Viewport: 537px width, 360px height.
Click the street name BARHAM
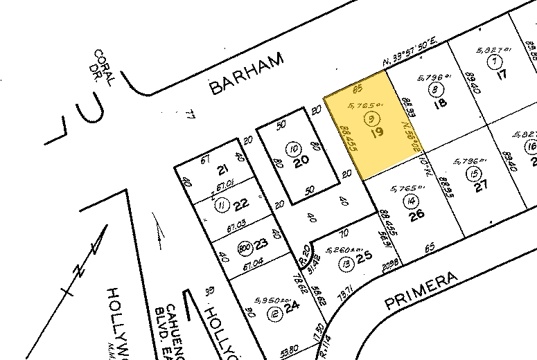click(x=247, y=74)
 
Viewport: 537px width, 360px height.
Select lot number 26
click(x=416, y=215)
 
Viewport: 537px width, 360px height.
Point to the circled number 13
click(x=344, y=261)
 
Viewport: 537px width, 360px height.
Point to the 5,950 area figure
click(x=266, y=301)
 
